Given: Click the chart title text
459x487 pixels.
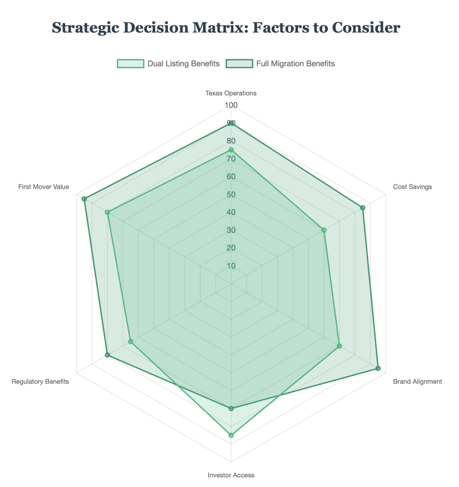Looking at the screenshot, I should click(226, 28).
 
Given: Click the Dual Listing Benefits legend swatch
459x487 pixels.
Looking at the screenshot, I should click(131, 64).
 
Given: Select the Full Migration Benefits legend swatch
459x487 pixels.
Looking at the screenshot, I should click(239, 64).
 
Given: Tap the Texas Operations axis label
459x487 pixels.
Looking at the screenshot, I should click(231, 93).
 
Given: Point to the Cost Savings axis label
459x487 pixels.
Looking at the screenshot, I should click(412, 187).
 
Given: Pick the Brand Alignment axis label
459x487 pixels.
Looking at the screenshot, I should click(417, 382).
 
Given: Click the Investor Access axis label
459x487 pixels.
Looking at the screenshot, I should click(231, 475).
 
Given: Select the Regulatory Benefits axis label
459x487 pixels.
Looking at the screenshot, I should click(40, 382).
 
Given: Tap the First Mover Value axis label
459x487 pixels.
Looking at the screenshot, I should click(44, 187).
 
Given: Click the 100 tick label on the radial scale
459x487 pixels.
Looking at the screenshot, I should click(231, 105).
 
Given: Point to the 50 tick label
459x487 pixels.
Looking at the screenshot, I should click(231, 195).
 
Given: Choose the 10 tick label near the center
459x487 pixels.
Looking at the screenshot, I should click(231, 266).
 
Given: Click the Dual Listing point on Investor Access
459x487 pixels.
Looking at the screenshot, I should click(231, 435).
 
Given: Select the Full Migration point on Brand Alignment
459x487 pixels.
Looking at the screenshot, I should click(378, 368).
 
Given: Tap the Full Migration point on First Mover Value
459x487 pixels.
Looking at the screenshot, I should click(84, 199).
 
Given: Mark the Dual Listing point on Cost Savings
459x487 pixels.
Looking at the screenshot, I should click(324, 230).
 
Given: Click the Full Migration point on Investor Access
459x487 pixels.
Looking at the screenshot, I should click(231, 409).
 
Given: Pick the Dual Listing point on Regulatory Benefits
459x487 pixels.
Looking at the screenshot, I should click(130, 342).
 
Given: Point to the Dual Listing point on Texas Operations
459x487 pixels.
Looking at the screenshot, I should click(231, 150).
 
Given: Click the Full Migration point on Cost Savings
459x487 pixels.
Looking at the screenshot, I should click(363, 208).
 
